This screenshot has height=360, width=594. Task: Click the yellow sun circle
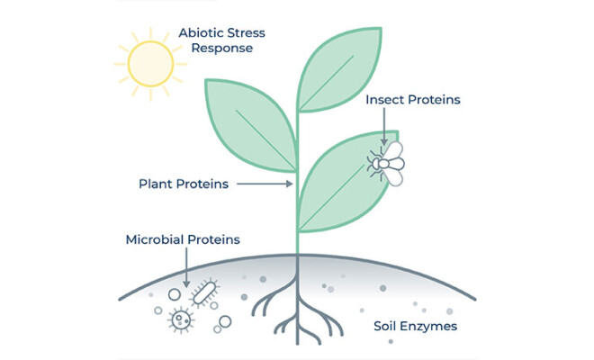pos(151,64)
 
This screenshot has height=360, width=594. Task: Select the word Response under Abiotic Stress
pos(222,49)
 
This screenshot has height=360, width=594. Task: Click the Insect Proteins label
pos(413,100)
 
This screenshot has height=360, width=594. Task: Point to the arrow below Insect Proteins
pos(384,126)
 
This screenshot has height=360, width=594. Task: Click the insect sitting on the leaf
pos(385,164)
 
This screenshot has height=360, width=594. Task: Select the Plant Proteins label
pos(184,184)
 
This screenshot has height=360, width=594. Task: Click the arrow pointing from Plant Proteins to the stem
pos(265,184)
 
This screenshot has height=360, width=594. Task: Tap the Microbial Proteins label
pos(183,240)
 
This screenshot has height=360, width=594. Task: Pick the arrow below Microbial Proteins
pos(186,267)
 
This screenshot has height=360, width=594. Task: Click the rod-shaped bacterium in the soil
pos(204,292)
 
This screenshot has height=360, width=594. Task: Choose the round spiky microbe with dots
pos(181,319)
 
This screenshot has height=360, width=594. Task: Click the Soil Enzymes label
pos(416,327)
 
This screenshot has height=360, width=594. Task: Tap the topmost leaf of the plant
pos(338,70)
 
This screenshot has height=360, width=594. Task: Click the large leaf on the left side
pos(251,125)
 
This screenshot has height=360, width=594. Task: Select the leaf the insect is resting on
pos(348,181)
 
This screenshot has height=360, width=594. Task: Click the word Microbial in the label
pos(155,240)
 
